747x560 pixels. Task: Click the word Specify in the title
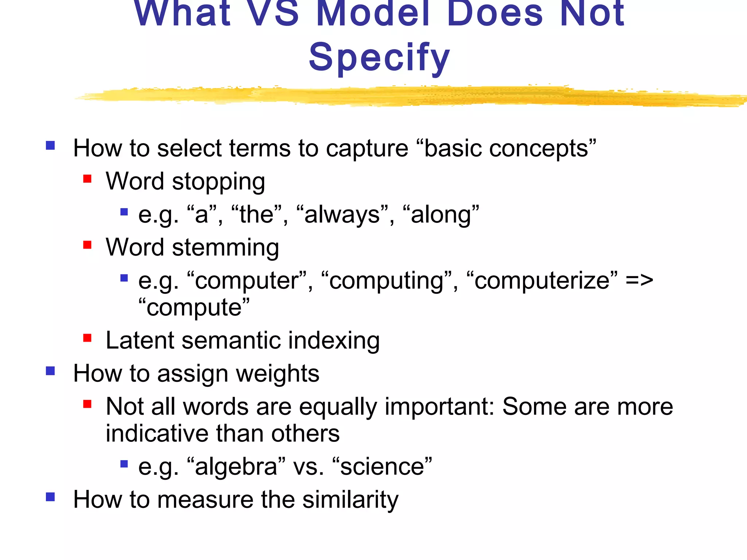click(x=379, y=58)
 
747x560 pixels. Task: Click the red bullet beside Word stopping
click(x=87, y=179)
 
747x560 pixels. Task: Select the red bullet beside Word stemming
click(x=87, y=245)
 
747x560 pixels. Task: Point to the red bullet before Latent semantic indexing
click(x=87, y=338)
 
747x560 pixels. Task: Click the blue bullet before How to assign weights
click(x=50, y=371)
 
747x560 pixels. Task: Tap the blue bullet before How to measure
click(x=50, y=497)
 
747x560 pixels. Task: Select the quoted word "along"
click(x=441, y=215)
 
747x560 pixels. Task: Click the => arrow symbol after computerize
click(x=639, y=280)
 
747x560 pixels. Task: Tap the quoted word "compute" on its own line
click(x=194, y=308)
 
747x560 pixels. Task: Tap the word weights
click(x=277, y=374)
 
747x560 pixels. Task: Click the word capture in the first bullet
click(x=367, y=149)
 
